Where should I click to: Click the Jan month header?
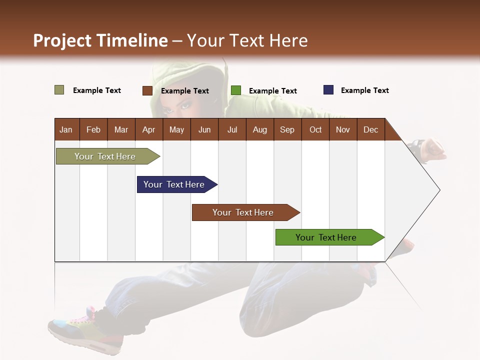(x=66, y=129)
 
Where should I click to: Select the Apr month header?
(x=148, y=129)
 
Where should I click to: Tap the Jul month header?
(x=232, y=129)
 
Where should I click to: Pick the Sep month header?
(x=287, y=129)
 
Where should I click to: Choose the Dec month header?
(x=370, y=129)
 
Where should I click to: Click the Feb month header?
(x=93, y=129)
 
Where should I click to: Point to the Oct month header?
(x=315, y=129)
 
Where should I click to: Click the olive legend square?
(x=59, y=90)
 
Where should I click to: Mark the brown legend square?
(x=147, y=90)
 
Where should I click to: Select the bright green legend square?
(x=236, y=90)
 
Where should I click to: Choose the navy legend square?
(x=328, y=90)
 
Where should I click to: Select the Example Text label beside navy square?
(x=364, y=90)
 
